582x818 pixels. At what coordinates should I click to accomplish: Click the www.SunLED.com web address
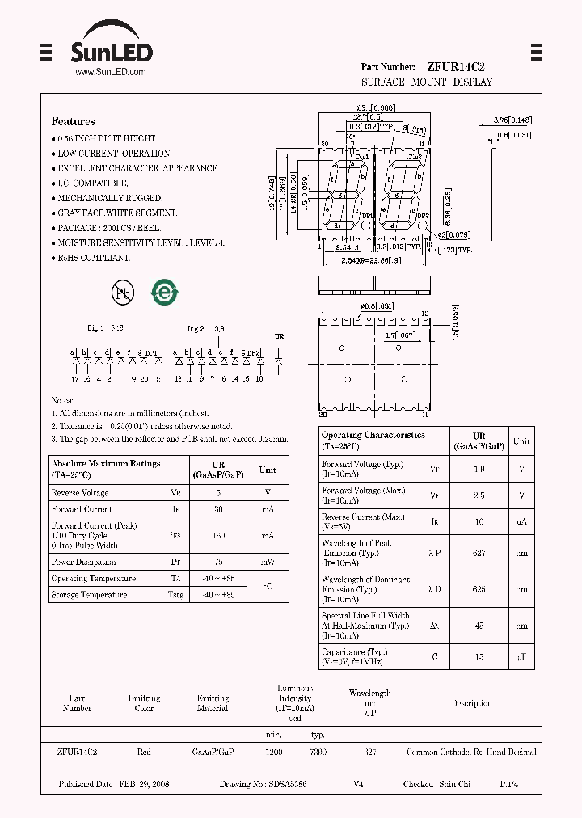(110, 72)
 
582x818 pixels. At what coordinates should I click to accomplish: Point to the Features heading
(73, 121)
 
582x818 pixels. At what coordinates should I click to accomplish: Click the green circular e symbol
(164, 293)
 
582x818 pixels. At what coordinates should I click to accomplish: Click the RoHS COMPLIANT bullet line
(93, 258)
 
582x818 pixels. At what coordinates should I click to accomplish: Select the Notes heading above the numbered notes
(62, 400)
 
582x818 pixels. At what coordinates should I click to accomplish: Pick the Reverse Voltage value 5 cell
(217, 492)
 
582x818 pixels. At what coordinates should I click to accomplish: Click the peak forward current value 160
(217, 535)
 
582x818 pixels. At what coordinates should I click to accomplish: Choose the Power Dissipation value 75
(217, 562)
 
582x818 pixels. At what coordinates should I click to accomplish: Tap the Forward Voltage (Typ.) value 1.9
(479, 469)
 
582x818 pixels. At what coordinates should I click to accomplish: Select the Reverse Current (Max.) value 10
(479, 522)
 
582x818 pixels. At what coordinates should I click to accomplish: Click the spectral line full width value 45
(479, 626)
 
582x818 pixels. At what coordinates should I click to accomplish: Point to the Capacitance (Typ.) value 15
(479, 657)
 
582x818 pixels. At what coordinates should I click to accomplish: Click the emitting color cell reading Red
(144, 752)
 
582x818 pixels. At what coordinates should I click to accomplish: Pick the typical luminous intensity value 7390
(318, 752)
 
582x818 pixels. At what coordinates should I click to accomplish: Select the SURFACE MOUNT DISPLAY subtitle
(426, 82)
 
